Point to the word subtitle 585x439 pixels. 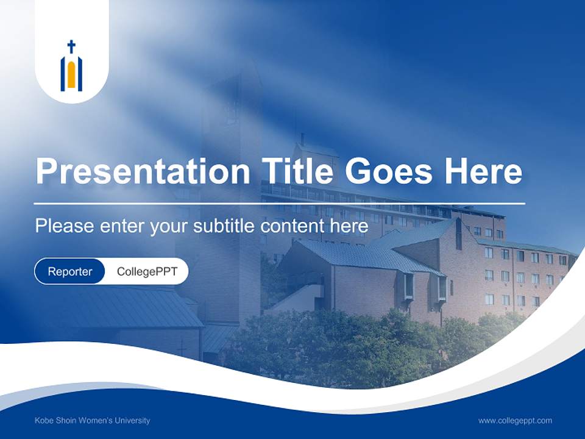(225, 226)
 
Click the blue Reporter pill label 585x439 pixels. (70, 271)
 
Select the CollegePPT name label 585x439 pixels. (147, 271)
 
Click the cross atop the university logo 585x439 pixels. (71, 46)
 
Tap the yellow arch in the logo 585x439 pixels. (71, 74)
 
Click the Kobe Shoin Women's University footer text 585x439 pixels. (92, 420)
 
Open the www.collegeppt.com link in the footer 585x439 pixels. (515, 420)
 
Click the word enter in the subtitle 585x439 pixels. (121, 226)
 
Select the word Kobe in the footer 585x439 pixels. (43, 420)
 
